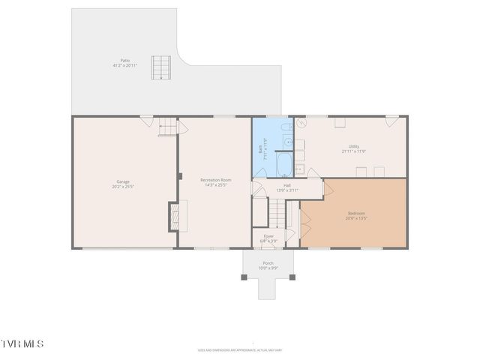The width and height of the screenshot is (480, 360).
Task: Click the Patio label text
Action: pyautogui.click(x=124, y=61)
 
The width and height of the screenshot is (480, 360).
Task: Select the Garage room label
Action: pyautogui.click(x=123, y=182)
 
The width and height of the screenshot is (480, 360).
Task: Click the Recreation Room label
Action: pyautogui.click(x=215, y=180)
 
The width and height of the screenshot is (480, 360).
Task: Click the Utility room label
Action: pyautogui.click(x=353, y=147)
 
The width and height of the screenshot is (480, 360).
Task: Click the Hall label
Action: pyautogui.click(x=286, y=185)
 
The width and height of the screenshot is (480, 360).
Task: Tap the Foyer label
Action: pyautogui.click(x=268, y=236)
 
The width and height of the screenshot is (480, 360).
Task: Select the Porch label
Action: pyautogui.click(x=268, y=263)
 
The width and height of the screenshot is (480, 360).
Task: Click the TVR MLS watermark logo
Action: pyautogui.click(x=22, y=343)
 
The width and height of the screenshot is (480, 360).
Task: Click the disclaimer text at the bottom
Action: pyautogui.click(x=240, y=349)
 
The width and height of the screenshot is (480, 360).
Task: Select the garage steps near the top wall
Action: pyautogui.click(x=168, y=130)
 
